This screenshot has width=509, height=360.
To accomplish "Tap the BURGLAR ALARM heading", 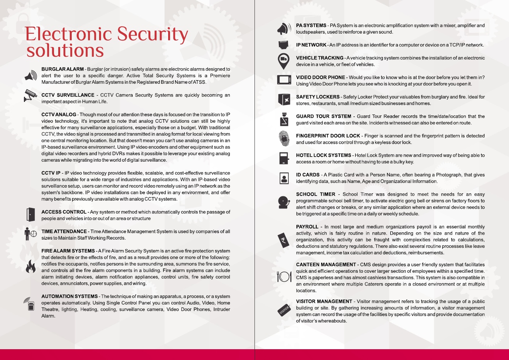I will [x=62, y=69].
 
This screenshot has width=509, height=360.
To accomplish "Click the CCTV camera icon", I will [x=30, y=95].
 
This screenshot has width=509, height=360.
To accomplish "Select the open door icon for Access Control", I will [x=31, y=215].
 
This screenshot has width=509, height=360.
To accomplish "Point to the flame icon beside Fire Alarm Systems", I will [x=30, y=266].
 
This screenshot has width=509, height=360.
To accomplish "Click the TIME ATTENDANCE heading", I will [x=64, y=232].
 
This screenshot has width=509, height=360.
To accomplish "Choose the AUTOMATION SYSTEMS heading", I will [x=69, y=296].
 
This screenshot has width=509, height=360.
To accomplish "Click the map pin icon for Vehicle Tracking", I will [x=284, y=61].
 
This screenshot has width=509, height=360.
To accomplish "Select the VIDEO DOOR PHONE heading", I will [x=320, y=78].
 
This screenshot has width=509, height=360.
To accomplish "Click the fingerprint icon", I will [x=284, y=139].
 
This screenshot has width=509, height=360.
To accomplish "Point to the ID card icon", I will [x=284, y=178].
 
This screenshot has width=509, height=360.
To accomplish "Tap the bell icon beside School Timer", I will [x=284, y=202].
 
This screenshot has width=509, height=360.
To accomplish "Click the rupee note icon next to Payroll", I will [x=284, y=241].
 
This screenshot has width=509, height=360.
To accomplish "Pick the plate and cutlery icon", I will [x=284, y=276].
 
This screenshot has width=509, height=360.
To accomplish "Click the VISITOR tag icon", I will [x=284, y=310].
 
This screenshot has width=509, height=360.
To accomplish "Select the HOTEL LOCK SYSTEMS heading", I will [x=324, y=155].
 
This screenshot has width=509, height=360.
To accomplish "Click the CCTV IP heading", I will [x=51, y=173].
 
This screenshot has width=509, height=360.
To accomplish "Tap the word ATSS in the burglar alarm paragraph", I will [x=199, y=82].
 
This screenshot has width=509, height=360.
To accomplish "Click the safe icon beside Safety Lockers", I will [x=284, y=100].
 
